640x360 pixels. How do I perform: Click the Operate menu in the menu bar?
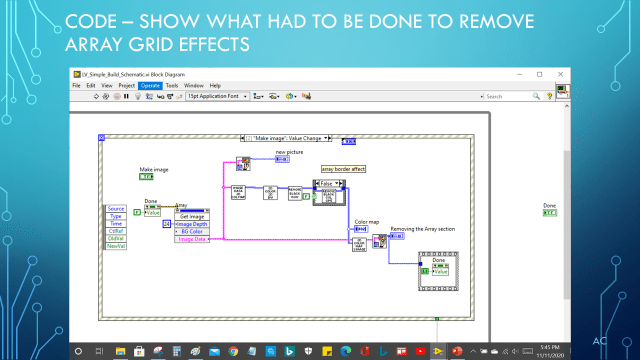(x=150, y=86)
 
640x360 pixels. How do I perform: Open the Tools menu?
(x=171, y=86)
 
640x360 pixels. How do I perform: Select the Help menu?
(x=215, y=86)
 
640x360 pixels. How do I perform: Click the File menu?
(x=76, y=86)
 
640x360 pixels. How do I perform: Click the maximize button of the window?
(x=540, y=74)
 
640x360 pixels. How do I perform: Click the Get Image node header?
(x=191, y=217)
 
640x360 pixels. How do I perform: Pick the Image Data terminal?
(x=190, y=239)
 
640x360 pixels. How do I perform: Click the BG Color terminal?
(x=190, y=232)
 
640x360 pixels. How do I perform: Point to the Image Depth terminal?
(x=190, y=224)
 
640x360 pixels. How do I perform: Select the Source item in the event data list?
(x=116, y=207)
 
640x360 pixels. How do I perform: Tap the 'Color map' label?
(x=366, y=221)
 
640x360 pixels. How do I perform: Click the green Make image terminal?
(x=146, y=177)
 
